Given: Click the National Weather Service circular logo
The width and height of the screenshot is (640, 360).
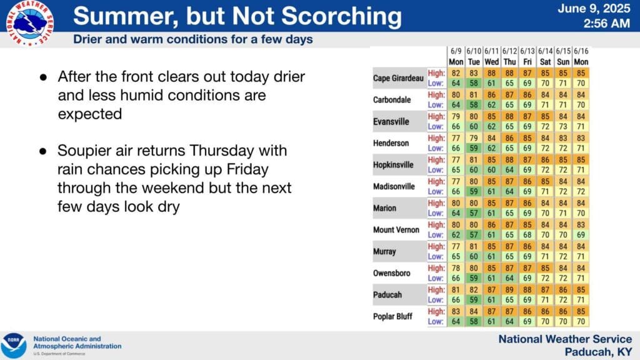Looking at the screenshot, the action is (x=30, y=23).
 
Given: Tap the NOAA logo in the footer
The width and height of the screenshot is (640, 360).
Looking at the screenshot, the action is (x=14, y=346).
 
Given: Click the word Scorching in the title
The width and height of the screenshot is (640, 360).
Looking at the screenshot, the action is (x=341, y=16).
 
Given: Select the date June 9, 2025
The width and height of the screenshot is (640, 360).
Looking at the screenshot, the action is (x=594, y=9).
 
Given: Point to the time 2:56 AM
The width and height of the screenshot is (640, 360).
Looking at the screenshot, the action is (x=606, y=24).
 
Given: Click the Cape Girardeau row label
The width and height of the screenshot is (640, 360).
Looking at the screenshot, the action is (x=398, y=78).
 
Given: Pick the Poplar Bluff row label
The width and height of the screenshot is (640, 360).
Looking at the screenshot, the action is (x=392, y=316).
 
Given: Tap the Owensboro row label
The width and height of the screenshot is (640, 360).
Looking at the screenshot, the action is (x=391, y=273).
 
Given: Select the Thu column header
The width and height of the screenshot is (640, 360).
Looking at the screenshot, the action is (x=509, y=62).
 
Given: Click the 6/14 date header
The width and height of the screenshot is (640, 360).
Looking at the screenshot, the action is (x=545, y=51).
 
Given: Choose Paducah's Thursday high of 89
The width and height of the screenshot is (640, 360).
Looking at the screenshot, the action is (x=509, y=290).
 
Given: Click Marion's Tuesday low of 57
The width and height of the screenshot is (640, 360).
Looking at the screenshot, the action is (x=474, y=213).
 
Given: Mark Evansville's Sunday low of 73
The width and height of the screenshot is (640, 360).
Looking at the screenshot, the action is (x=563, y=126).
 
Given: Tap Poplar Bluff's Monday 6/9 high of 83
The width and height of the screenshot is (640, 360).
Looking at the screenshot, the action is (x=456, y=311).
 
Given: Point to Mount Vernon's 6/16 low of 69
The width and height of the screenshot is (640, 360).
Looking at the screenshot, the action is (x=581, y=235).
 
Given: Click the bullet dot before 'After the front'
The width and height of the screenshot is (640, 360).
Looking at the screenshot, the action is (x=43, y=77).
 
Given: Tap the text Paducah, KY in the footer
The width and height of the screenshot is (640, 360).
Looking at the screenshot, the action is (x=598, y=352).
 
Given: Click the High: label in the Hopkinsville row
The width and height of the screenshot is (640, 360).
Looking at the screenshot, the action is (x=436, y=159).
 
